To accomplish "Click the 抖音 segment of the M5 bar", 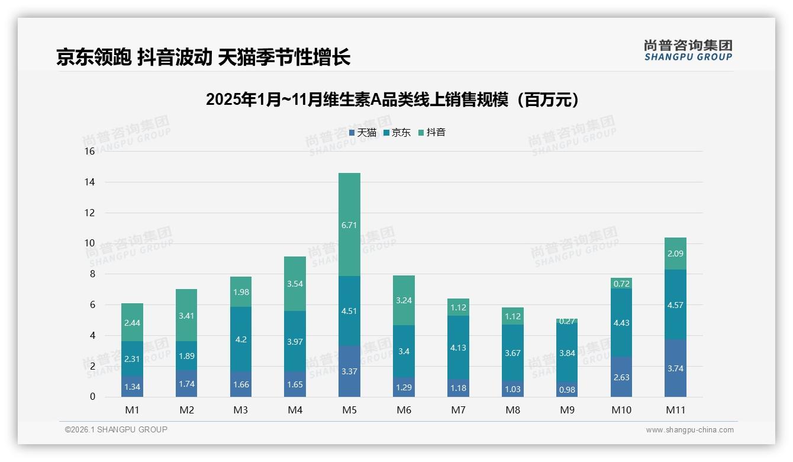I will pos(349,224).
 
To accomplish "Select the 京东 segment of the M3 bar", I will pos(241,339).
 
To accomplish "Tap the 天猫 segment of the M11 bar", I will pos(675,368).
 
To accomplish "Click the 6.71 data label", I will pos(349,225).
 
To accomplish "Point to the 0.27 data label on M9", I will pos(568,322).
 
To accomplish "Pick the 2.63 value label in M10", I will pos(621,377).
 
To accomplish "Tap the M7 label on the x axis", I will pos(459,410).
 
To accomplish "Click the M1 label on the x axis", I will pos(133,410).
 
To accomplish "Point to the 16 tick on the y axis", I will pos(89,152).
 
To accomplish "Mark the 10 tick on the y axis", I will pos(89,243).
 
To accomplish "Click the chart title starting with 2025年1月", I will pos(392,100).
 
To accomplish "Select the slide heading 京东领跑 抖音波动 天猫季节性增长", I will pos(203,57).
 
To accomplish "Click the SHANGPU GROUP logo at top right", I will pos(688,50).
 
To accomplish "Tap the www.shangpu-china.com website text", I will pos(689,430).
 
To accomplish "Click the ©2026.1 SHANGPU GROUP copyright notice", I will pos(116,429).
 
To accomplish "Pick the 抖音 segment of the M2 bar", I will pos(186,315).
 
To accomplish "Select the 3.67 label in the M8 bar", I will pos(512,353).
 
